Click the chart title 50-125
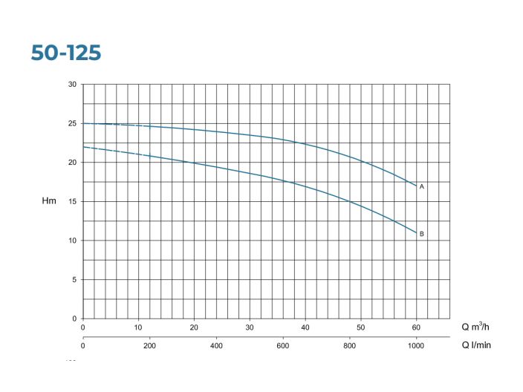point(66,53)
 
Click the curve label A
point(421,186)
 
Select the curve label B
point(421,234)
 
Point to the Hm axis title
point(48,201)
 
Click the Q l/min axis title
point(476,344)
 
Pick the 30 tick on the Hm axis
point(72,85)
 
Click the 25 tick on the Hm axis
point(72,123)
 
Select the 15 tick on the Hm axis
point(72,201)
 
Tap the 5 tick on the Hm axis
point(74,280)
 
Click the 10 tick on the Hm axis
point(72,241)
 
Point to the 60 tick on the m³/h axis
point(416,327)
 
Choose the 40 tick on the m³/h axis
point(305,327)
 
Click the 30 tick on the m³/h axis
point(250,327)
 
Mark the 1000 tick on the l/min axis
point(416,345)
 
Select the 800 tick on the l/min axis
point(349,345)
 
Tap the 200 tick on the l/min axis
point(149,345)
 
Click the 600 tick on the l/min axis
point(282,345)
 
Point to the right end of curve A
point(416,186)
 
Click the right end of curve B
point(416,232)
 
